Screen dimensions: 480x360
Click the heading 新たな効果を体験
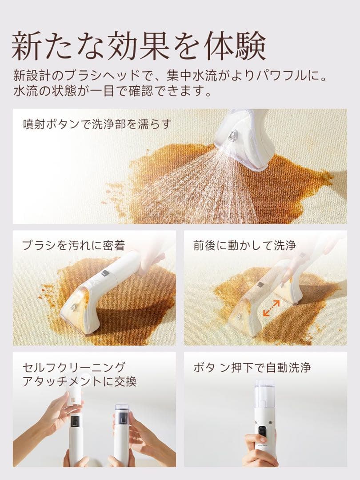click(x=138, y=46)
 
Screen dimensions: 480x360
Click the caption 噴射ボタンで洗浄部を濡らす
click(x=97, y=124)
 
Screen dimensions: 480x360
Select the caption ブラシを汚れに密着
click(x=73, y=244)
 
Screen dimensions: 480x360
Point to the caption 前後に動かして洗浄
click(x=244, y=244)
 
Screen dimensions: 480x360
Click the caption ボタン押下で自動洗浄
click(x=252, y=368)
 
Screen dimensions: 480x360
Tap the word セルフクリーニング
click(x=74, y=368)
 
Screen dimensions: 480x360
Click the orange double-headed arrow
click(x=272, y=308)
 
